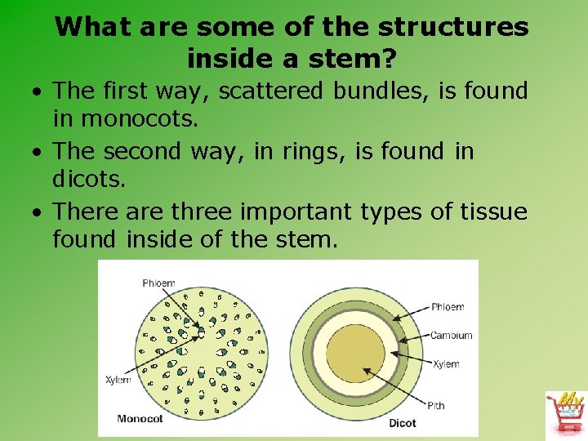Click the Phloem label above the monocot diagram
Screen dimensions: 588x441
(x=158, y=283)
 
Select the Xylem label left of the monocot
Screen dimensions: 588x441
(x=118, y=381)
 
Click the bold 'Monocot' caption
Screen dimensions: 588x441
(x=140, y=419)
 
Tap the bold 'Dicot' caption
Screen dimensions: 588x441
(x=402, y=423)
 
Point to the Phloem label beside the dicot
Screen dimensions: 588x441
(x=448, y=307)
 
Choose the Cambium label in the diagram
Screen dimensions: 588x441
(x=451, y=336)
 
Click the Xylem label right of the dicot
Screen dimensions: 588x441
(x=446, y=364)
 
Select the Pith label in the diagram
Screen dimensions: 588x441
(x=435, y=405)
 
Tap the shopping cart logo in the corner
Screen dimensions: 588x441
(x=565, y=412)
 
